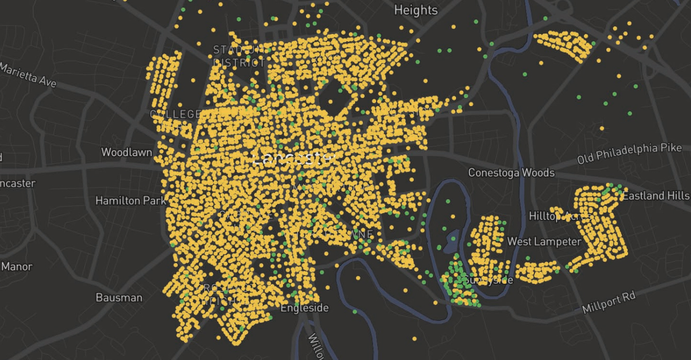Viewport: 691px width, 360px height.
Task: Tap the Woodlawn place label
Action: click(126, 152)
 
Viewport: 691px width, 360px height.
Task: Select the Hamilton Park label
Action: click(131, 200)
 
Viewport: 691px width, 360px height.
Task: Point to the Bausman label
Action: click(119, 298)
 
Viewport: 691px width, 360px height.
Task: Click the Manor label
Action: click(16, 267)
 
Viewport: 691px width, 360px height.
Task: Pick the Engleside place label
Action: click(304, 308)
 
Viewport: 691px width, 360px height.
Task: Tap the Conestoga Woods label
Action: click(511, 173)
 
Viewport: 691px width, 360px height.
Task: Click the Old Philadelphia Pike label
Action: click(629, 153)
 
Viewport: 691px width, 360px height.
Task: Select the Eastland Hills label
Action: click(655, 196)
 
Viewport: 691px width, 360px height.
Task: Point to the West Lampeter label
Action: click(544, 242)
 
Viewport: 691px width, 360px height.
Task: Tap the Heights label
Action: click(415, 10)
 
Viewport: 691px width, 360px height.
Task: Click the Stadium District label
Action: click(239, 56)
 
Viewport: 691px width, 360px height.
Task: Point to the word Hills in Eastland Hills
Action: click(677, 196)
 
